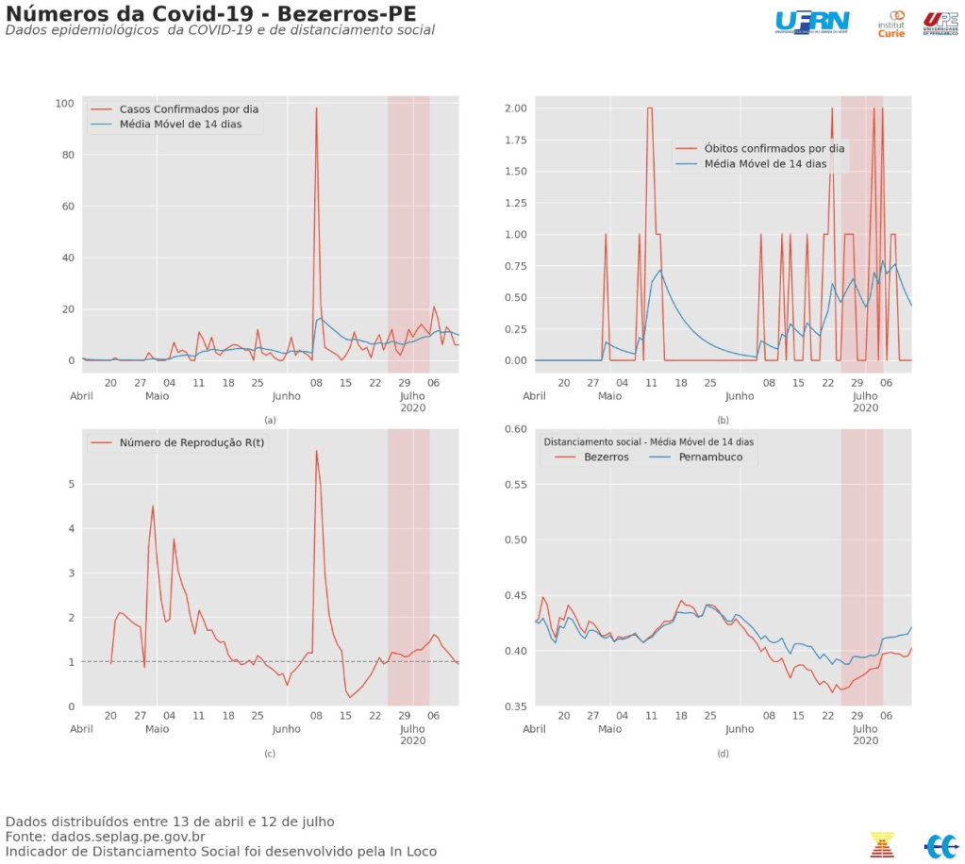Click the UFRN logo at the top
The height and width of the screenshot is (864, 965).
coord(811,21)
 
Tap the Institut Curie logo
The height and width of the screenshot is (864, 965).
coord(891,24)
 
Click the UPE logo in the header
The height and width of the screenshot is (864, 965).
coord(941,24)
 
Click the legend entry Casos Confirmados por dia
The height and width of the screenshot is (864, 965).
coord(187,109)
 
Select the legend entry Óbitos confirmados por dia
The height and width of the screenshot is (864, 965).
coord(774,148)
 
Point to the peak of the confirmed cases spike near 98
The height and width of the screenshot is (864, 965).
coord(316,108)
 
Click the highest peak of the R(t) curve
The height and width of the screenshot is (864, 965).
coord(316,451)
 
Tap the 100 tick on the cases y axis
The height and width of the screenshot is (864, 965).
coord(65,103)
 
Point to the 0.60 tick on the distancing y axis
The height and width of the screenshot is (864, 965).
coord(515,429)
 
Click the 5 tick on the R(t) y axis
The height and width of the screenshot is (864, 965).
coord(70,484)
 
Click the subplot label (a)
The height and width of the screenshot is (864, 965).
coord(270,420)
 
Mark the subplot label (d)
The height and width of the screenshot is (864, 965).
coord(723,753)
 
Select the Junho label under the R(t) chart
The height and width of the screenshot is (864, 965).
coord(287,729)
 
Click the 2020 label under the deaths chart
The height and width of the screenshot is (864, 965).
coord(866,407)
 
